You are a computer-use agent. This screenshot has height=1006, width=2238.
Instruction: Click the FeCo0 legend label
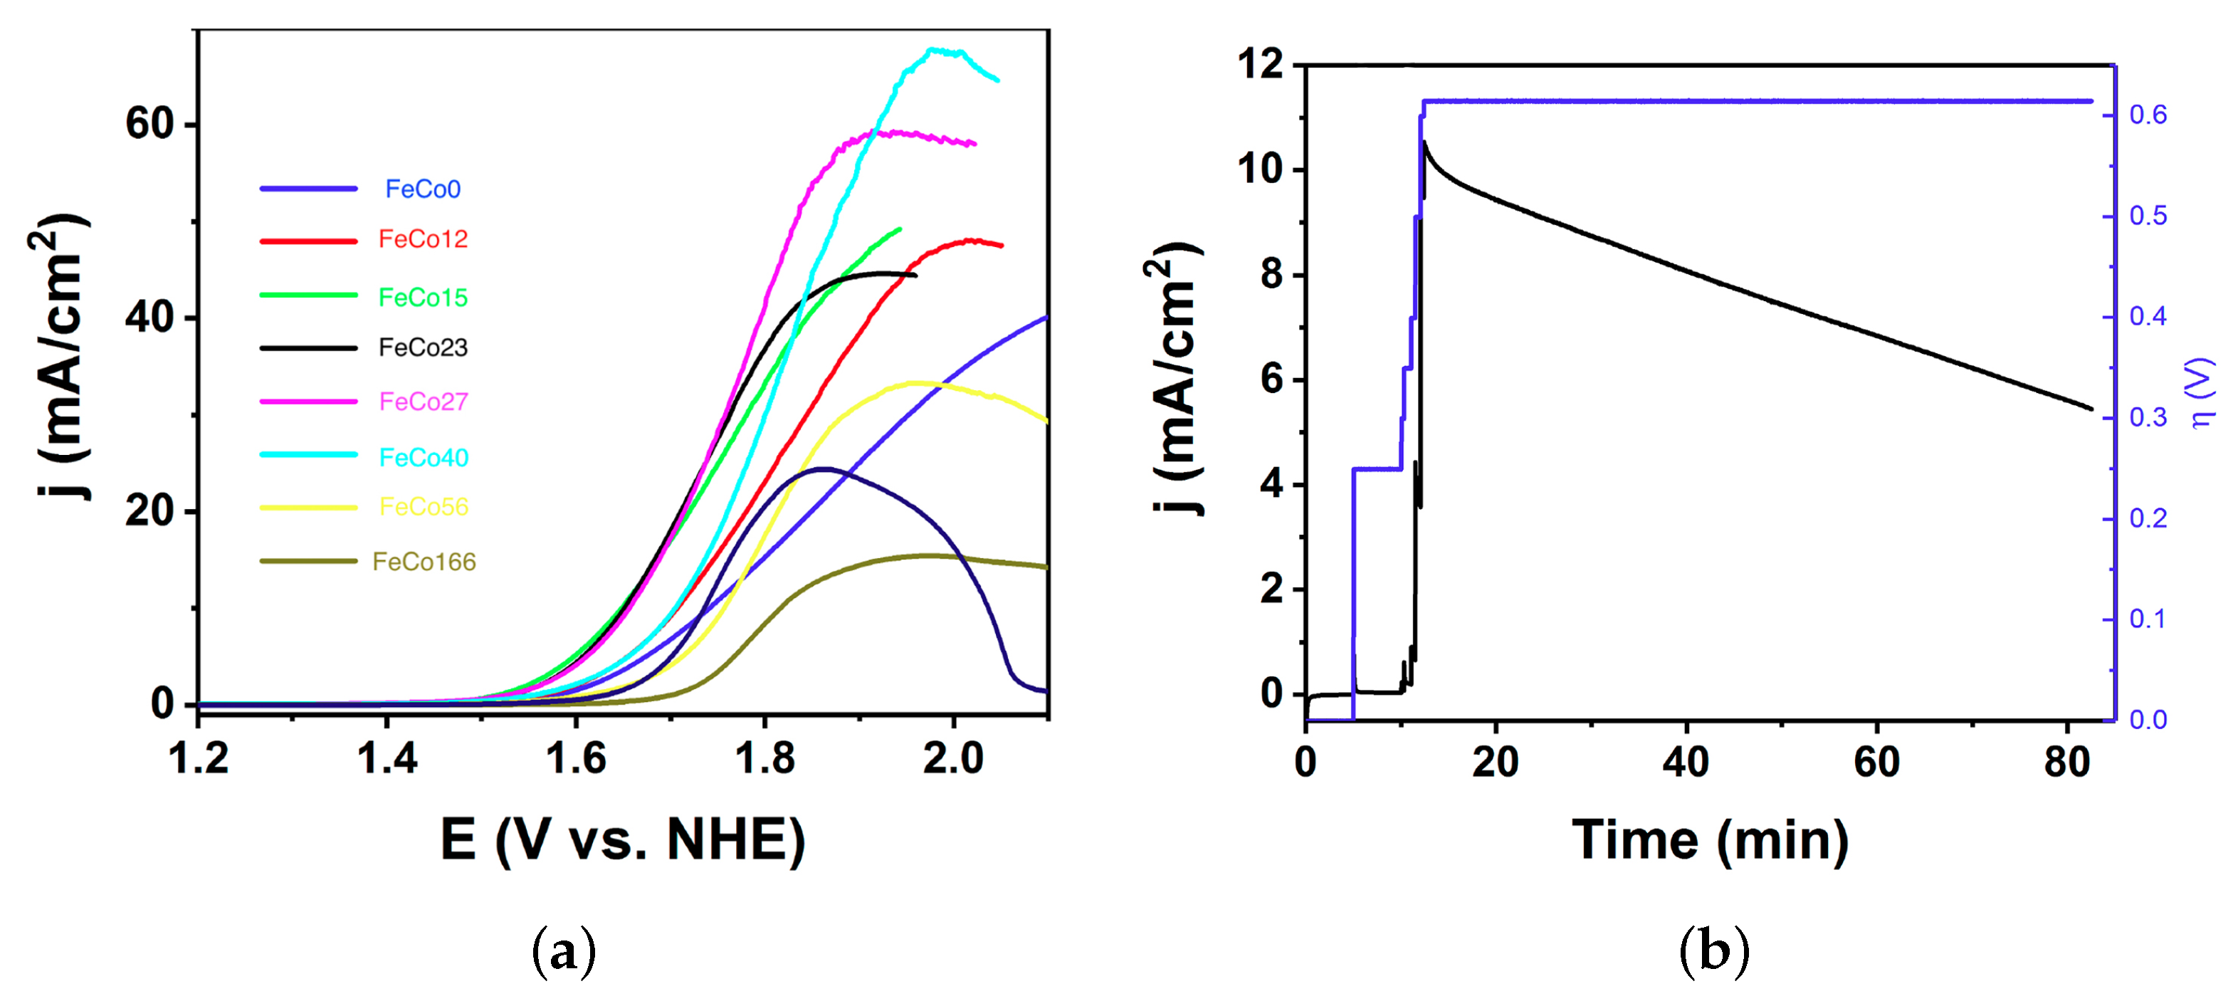click(x=422, y=189)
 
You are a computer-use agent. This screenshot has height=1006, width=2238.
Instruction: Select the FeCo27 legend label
click(x=423, y=402)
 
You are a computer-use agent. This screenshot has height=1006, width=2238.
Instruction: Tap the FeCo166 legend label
click(x=424, y=561)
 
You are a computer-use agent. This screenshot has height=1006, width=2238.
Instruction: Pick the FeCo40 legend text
click(x=423, y=457)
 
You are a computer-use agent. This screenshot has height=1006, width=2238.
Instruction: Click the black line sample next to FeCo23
click(x=308, y=347)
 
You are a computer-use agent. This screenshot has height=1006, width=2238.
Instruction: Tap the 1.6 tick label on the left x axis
click(x=575, y=758)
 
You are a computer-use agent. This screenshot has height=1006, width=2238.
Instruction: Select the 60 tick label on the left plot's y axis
click(x=149, y=123)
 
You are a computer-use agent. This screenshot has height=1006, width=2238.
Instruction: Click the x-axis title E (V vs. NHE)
click(x=623, y=840)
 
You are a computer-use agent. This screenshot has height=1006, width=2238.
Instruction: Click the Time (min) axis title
click(x=1710, y=840)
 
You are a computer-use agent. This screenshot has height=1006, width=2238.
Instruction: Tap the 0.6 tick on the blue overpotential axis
click(x=2148, y=115)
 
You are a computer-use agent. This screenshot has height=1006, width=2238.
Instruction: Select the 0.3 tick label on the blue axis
click(x=2148, y=418)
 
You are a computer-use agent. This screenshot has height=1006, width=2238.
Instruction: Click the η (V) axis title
click(x=2202, y=393)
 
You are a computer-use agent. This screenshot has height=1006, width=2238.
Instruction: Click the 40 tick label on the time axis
click(x=1686, y=762)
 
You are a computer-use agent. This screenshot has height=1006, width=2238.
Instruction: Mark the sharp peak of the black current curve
click(x=1424, y=142)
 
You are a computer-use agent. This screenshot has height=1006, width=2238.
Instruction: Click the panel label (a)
click(x=564, y=952)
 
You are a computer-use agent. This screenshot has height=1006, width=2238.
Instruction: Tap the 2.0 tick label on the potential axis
click(x=953, y=758)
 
